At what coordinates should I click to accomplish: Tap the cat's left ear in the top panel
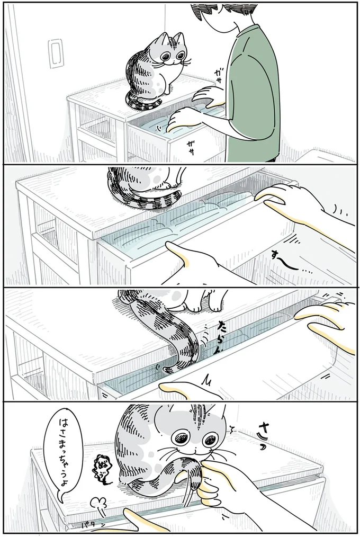[x=162, y=40]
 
